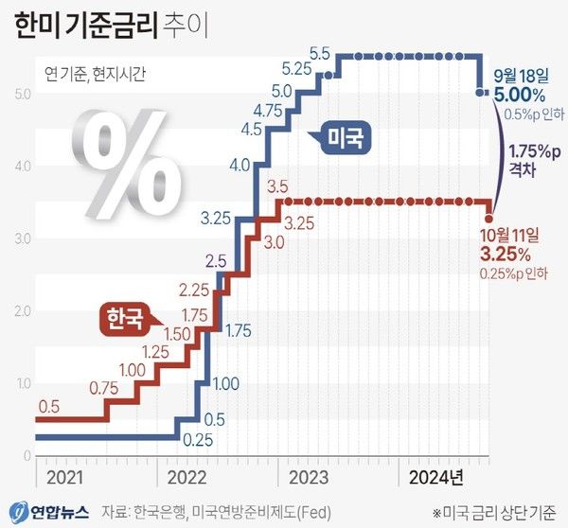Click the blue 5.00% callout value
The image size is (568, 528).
click(519, 95)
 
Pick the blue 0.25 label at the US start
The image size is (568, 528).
click(197, 440)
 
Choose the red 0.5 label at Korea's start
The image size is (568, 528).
click(49, 408)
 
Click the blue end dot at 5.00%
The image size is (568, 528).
click(481, 92)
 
